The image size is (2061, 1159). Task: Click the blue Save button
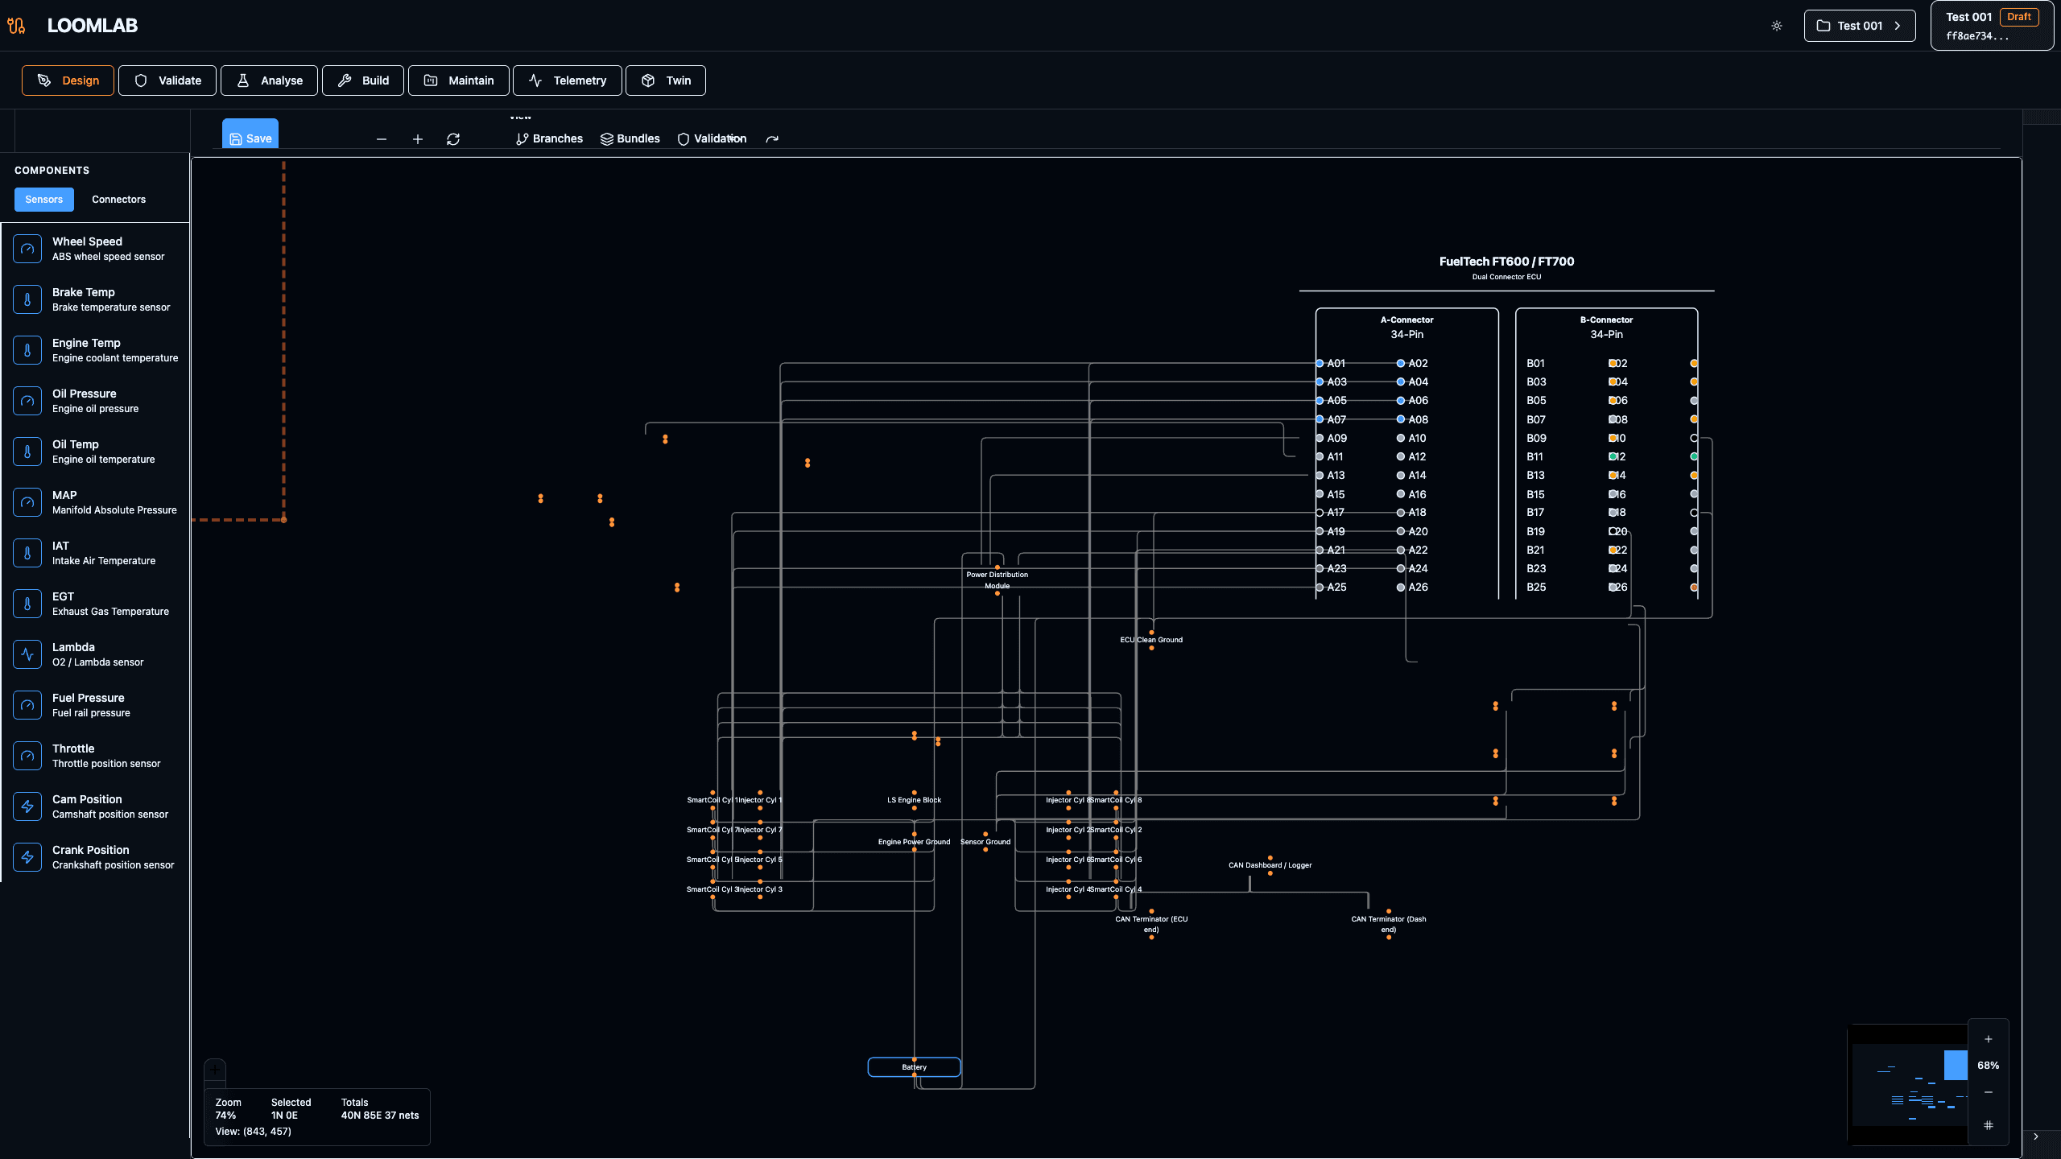coord(250,138)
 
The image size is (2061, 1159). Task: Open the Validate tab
coord(167,80)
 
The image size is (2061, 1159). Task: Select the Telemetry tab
coord(567,80)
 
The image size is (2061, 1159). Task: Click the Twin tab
coord(666,80)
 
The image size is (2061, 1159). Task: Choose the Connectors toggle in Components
coord(118,199)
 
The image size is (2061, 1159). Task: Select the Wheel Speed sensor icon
coord(27,249)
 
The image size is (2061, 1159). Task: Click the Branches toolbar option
coord(549,138)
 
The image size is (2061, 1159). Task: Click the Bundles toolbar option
coord(630,138)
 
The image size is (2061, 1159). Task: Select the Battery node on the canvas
coord(914,1067)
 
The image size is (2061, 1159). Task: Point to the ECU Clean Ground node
coord(1151,640)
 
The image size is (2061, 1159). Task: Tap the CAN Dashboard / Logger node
coord(1270,865)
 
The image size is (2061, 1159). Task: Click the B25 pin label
coord(1536,588)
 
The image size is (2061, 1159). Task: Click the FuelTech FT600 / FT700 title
coord(1506,262)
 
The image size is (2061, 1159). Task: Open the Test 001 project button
coord(1859,26)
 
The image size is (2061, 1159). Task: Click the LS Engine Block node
coord(914,800)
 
